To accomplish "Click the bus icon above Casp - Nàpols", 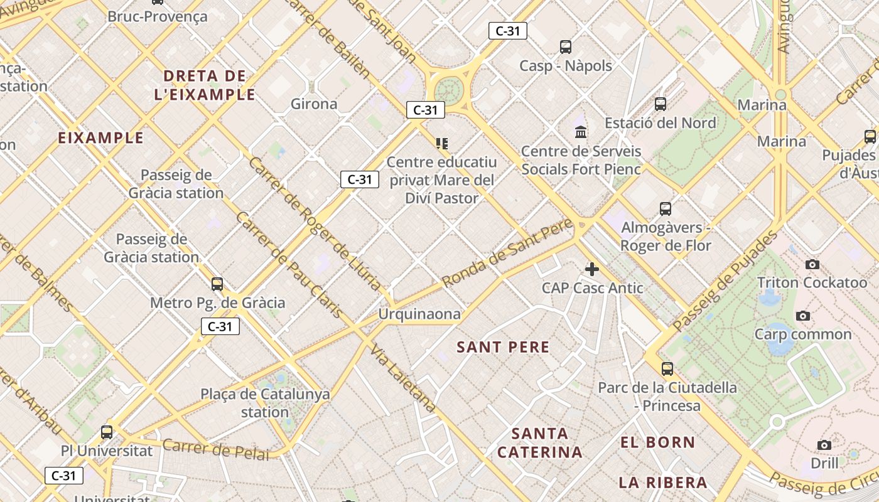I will click(565, 46).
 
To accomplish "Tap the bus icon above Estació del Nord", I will click(660, 104).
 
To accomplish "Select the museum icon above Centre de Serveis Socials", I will click(581, 132).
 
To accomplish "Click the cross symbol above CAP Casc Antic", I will click(591, 269).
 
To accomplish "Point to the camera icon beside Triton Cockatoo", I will click(812, 264).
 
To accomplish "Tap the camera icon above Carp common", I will click(802, 316).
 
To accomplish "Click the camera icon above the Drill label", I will click(824, 445).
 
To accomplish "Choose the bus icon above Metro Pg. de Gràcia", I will click(217, 284).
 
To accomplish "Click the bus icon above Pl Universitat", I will click(106, 432).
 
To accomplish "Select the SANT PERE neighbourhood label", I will click(503, 347).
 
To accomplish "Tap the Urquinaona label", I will click(419, 314).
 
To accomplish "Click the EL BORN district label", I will click(657, 442).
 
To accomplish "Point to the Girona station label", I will click(314, 104).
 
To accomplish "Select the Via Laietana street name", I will click(402, 378).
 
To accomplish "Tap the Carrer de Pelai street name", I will click(215, 449).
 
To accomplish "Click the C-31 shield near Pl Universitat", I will click(64, 476).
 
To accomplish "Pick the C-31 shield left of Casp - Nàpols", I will click(507, 31).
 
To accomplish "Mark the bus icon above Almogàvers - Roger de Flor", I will click(665, 209).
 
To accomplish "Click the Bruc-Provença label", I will click(157, 16).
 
